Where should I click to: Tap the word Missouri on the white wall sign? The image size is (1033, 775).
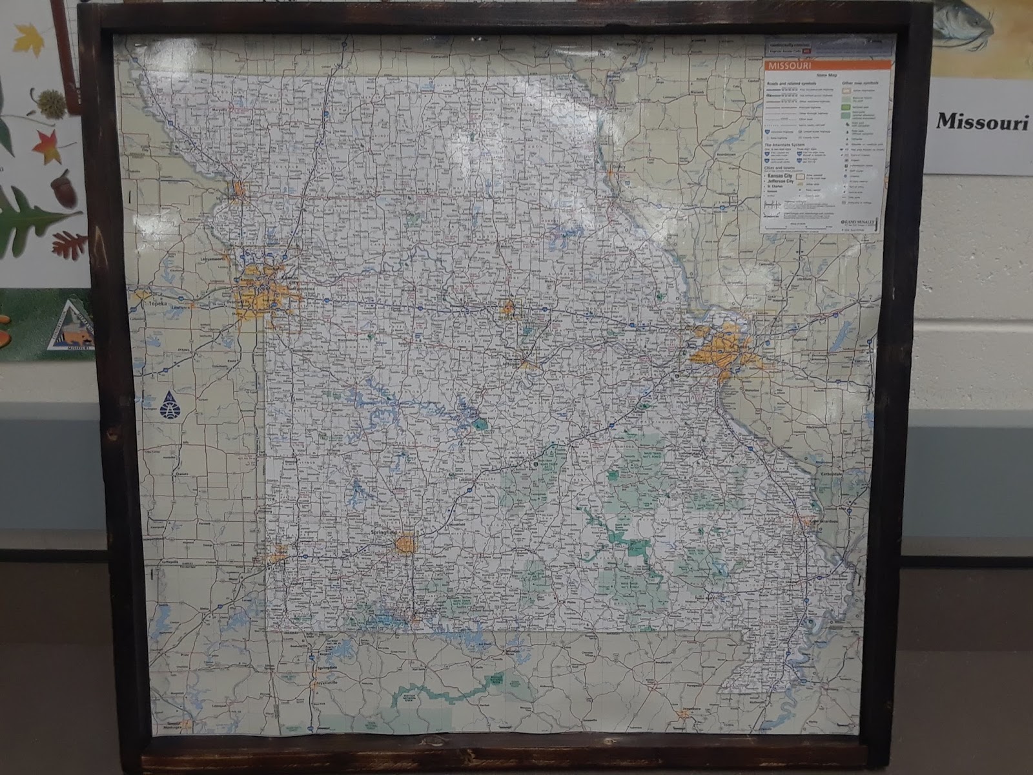(982, 121)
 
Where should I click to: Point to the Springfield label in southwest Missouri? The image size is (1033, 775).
(385, 533)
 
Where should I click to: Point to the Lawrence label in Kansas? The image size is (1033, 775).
(181, 307)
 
